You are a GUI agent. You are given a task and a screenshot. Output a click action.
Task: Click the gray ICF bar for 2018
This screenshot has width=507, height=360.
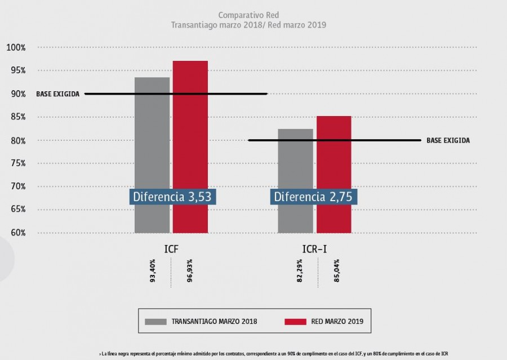[x=152, y=135]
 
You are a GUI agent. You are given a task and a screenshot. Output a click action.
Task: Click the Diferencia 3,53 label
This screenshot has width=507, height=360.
[x=173, y=197]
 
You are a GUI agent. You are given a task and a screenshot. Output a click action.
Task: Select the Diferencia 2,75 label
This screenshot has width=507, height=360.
[x=315, y=197]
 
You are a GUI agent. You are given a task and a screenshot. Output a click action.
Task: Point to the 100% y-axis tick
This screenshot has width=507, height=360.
[x=16, y=47]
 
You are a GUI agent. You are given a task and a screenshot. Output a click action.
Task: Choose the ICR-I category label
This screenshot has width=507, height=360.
[x=315, y=248]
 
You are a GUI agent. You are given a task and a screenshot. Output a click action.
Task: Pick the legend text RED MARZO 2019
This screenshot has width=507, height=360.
[x=337, y=322]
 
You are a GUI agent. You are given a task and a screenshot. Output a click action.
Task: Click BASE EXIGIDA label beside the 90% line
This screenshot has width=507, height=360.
[x=58, y=94]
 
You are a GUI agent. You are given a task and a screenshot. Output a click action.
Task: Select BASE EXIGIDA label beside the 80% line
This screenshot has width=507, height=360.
[x=448, y=140]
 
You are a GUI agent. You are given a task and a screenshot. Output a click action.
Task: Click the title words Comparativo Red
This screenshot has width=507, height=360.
[x=248, y=15]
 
